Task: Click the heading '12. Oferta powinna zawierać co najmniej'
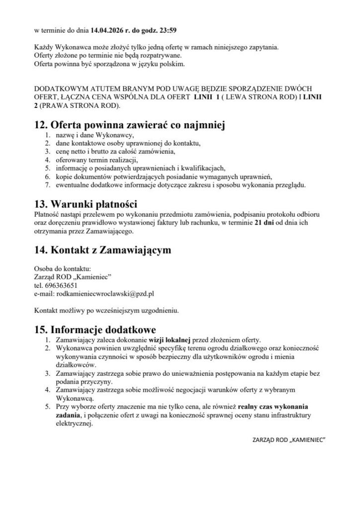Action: click(130, 126)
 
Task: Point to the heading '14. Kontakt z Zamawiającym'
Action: click(102, 251)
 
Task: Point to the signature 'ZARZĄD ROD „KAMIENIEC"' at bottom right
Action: click(289, 441)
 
